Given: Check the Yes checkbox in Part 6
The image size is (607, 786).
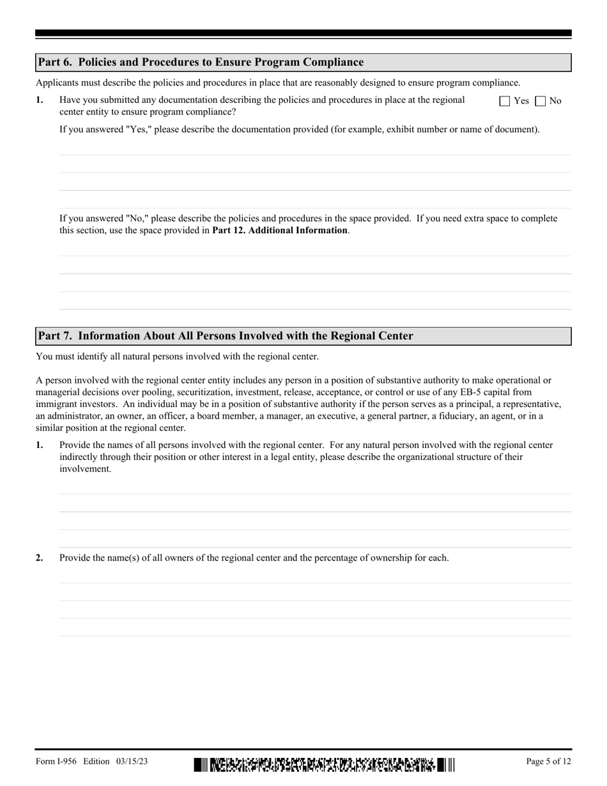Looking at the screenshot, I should click(505, 101).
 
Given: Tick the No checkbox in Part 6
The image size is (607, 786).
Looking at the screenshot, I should click(541, 101).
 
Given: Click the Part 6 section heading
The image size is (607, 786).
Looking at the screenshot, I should click(201, 62).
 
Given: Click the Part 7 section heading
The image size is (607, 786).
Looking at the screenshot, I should click(226, 336).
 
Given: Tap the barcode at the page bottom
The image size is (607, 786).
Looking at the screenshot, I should click(325, 764).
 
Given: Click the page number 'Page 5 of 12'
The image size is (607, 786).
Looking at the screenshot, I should click(548, 761).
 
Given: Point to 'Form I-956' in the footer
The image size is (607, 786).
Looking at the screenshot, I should click(56, 761).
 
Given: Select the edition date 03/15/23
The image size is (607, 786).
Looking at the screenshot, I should click(133, 761).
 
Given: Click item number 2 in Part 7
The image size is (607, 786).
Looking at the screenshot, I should click(40, 558).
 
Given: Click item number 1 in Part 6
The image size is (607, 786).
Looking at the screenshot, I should click(40, 100).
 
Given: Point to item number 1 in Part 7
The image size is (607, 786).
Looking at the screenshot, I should click(40, 445).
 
